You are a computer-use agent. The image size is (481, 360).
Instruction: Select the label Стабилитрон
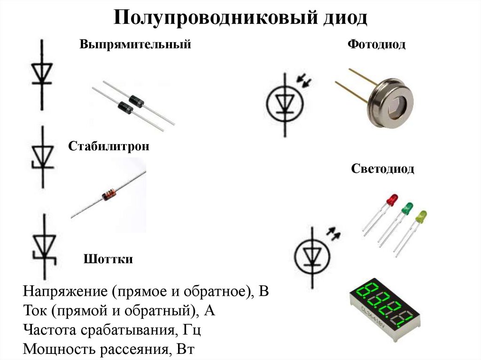[x=109, y=146]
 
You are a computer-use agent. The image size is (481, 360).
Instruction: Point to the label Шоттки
[x=108, y=259]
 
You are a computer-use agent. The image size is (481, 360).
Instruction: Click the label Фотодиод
[x=376, y=45]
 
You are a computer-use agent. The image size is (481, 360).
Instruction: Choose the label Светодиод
[x=383, y=169]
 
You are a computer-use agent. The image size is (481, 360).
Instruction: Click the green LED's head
[x=407, y=207]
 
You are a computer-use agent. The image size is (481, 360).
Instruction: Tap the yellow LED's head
[x=421, y=216]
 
